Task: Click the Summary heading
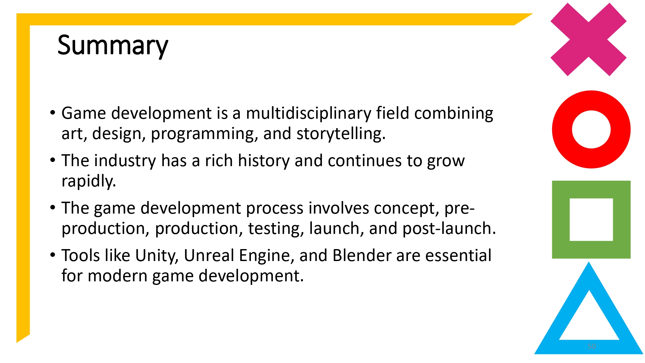(x=113, y=45)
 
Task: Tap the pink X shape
(x=588, y=40)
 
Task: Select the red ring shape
(x=561, y=129)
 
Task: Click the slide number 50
(x=591, y=346)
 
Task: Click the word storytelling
(x=341, y=134)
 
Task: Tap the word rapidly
(x=88, y=181)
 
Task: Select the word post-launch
(x=449, y=228)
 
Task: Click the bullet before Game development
(x=53, y=113)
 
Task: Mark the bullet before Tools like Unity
(x=53, y=255)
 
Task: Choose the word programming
(x=204, y=134)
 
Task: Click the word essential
(x=458, y=256)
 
